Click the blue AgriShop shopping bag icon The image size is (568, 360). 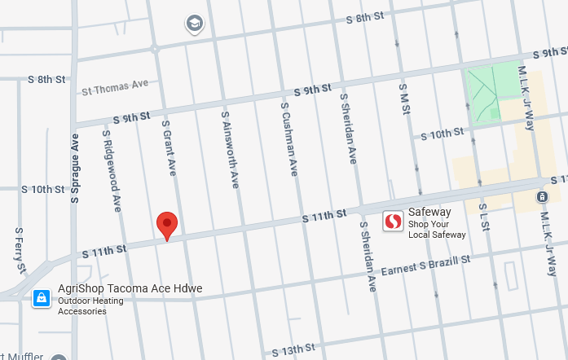(39, 299)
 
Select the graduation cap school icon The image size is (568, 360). (195, 24)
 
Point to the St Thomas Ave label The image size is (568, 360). (115, 86)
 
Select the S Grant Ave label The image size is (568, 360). (169, 148)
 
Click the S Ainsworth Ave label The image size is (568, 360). (230, 150)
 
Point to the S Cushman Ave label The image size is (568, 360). (289, 139)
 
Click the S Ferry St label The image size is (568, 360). (20, 251)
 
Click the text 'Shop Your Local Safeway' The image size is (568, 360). (437, 229)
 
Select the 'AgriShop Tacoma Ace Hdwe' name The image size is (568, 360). (130, 289)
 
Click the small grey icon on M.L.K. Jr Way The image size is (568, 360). (542, 197)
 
